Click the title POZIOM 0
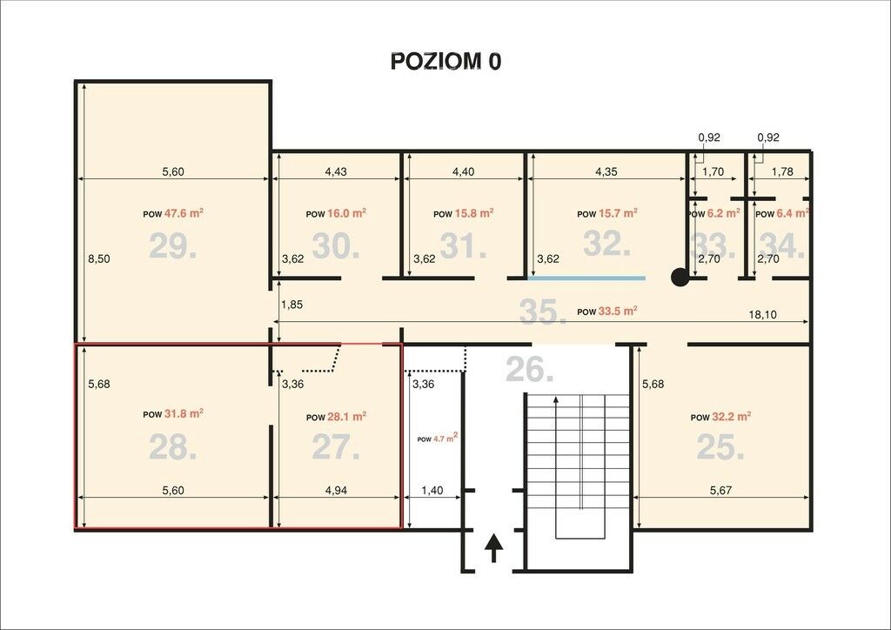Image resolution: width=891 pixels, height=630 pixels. (x=446, y=62)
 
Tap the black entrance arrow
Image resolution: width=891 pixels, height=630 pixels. (x=494, y=547)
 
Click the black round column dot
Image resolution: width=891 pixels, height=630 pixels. (x=680, y=278)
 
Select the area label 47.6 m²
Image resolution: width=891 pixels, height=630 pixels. (x=184, y=213)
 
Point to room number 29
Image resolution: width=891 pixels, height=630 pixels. (x=173, y=246)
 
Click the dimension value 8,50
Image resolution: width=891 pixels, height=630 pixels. (x=99, y=259)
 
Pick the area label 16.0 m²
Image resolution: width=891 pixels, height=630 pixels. (x=346, y=213)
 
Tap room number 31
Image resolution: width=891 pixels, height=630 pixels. (x=463, y=246)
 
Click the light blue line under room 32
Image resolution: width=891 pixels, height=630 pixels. (x=586, y=278)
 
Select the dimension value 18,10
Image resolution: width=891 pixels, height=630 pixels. (x=762, y=314)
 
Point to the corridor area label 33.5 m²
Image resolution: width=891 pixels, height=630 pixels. (x=618, y=311)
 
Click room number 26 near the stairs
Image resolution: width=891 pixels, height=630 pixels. (x=530, y=369)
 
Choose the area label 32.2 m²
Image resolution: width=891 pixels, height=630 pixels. (x=731, y=417)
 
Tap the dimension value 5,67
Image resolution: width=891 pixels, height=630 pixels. (x=720, y=490)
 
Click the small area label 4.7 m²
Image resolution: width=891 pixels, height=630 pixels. (x=445, y=438)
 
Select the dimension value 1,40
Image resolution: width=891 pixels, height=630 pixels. (x=432, y=490)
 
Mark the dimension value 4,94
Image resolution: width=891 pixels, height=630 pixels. (x=336, y=490)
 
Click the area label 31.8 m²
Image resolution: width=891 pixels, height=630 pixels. (x=184, y=413)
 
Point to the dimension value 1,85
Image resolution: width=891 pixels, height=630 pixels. (x=292, y=305)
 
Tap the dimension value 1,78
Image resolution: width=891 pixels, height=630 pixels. (x=782, y=171)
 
